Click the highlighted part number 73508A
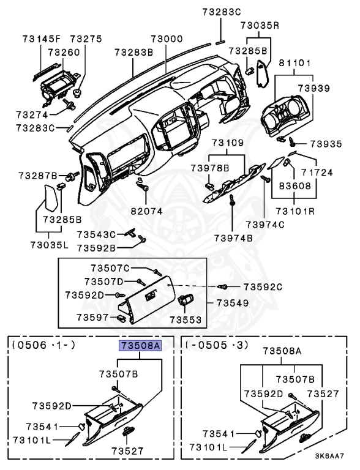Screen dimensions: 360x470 pos(140,346)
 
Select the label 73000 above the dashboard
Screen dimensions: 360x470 pos(167,39)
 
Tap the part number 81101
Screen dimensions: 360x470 pos(295,63)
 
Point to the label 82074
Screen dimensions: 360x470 pos(147,211)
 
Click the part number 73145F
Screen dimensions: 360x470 pos(42,39)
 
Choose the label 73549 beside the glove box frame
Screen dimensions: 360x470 pos(233,303)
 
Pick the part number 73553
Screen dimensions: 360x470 pos(186,320)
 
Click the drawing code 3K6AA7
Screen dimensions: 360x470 pos(329,456)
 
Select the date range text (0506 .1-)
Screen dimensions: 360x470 pos(44,345)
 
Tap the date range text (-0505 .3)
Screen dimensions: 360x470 pos(217,345)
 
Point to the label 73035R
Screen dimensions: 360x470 pos(260,26)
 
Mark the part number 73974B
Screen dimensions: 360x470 pos(233,238)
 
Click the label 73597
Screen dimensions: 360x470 pos(92,317)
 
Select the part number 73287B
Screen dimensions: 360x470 pos(38,176)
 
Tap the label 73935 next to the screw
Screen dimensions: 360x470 pos(326,144)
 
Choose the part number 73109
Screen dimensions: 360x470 pos(228,143)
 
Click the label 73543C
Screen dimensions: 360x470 pos(96,234)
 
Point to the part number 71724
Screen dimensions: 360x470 pos(317,173)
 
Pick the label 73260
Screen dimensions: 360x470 pos(64,53)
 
